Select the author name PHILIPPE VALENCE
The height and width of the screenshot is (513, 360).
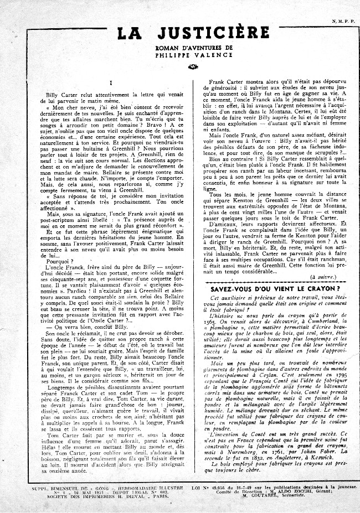tap(179, 56)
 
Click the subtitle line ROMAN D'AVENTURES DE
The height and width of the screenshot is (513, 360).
tap(179, 49)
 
